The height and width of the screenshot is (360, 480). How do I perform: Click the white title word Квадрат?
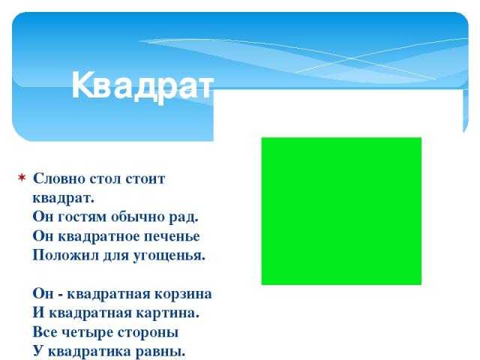tap(142, 85)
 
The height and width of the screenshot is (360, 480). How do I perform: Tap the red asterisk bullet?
tap(22, 178)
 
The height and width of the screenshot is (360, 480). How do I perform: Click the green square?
tap(341, 211)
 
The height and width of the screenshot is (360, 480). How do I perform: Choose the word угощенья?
tap(169, 256)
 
